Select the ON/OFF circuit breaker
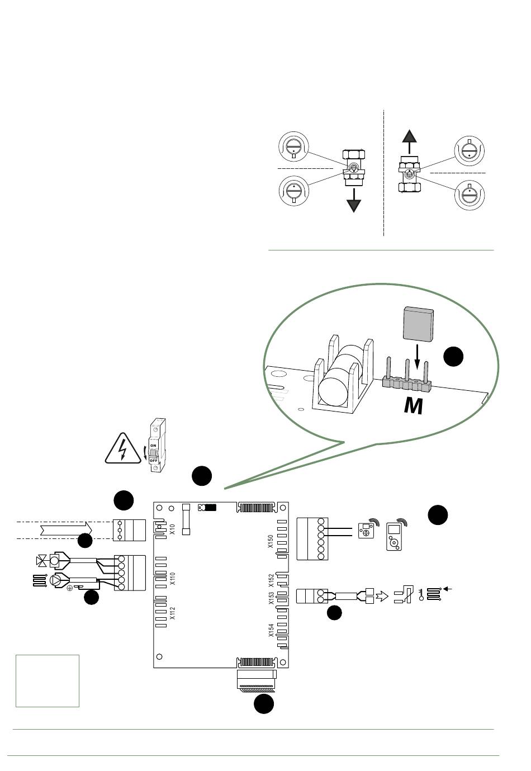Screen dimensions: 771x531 click(155, 445)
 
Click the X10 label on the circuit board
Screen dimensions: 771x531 click(172, 529)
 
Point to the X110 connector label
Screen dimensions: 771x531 click(172, 578)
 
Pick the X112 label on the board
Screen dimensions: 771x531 click(172, 614)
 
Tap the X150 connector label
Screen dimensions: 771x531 click(271, 541)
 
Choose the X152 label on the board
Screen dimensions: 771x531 click(271, 580)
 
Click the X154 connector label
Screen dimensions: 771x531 click(271, 630)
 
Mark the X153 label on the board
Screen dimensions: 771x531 click(271, 600)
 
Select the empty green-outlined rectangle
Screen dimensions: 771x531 click(48, 680)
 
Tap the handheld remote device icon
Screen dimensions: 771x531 click(394, 537)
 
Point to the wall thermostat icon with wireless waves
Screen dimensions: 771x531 click(366, 530)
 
